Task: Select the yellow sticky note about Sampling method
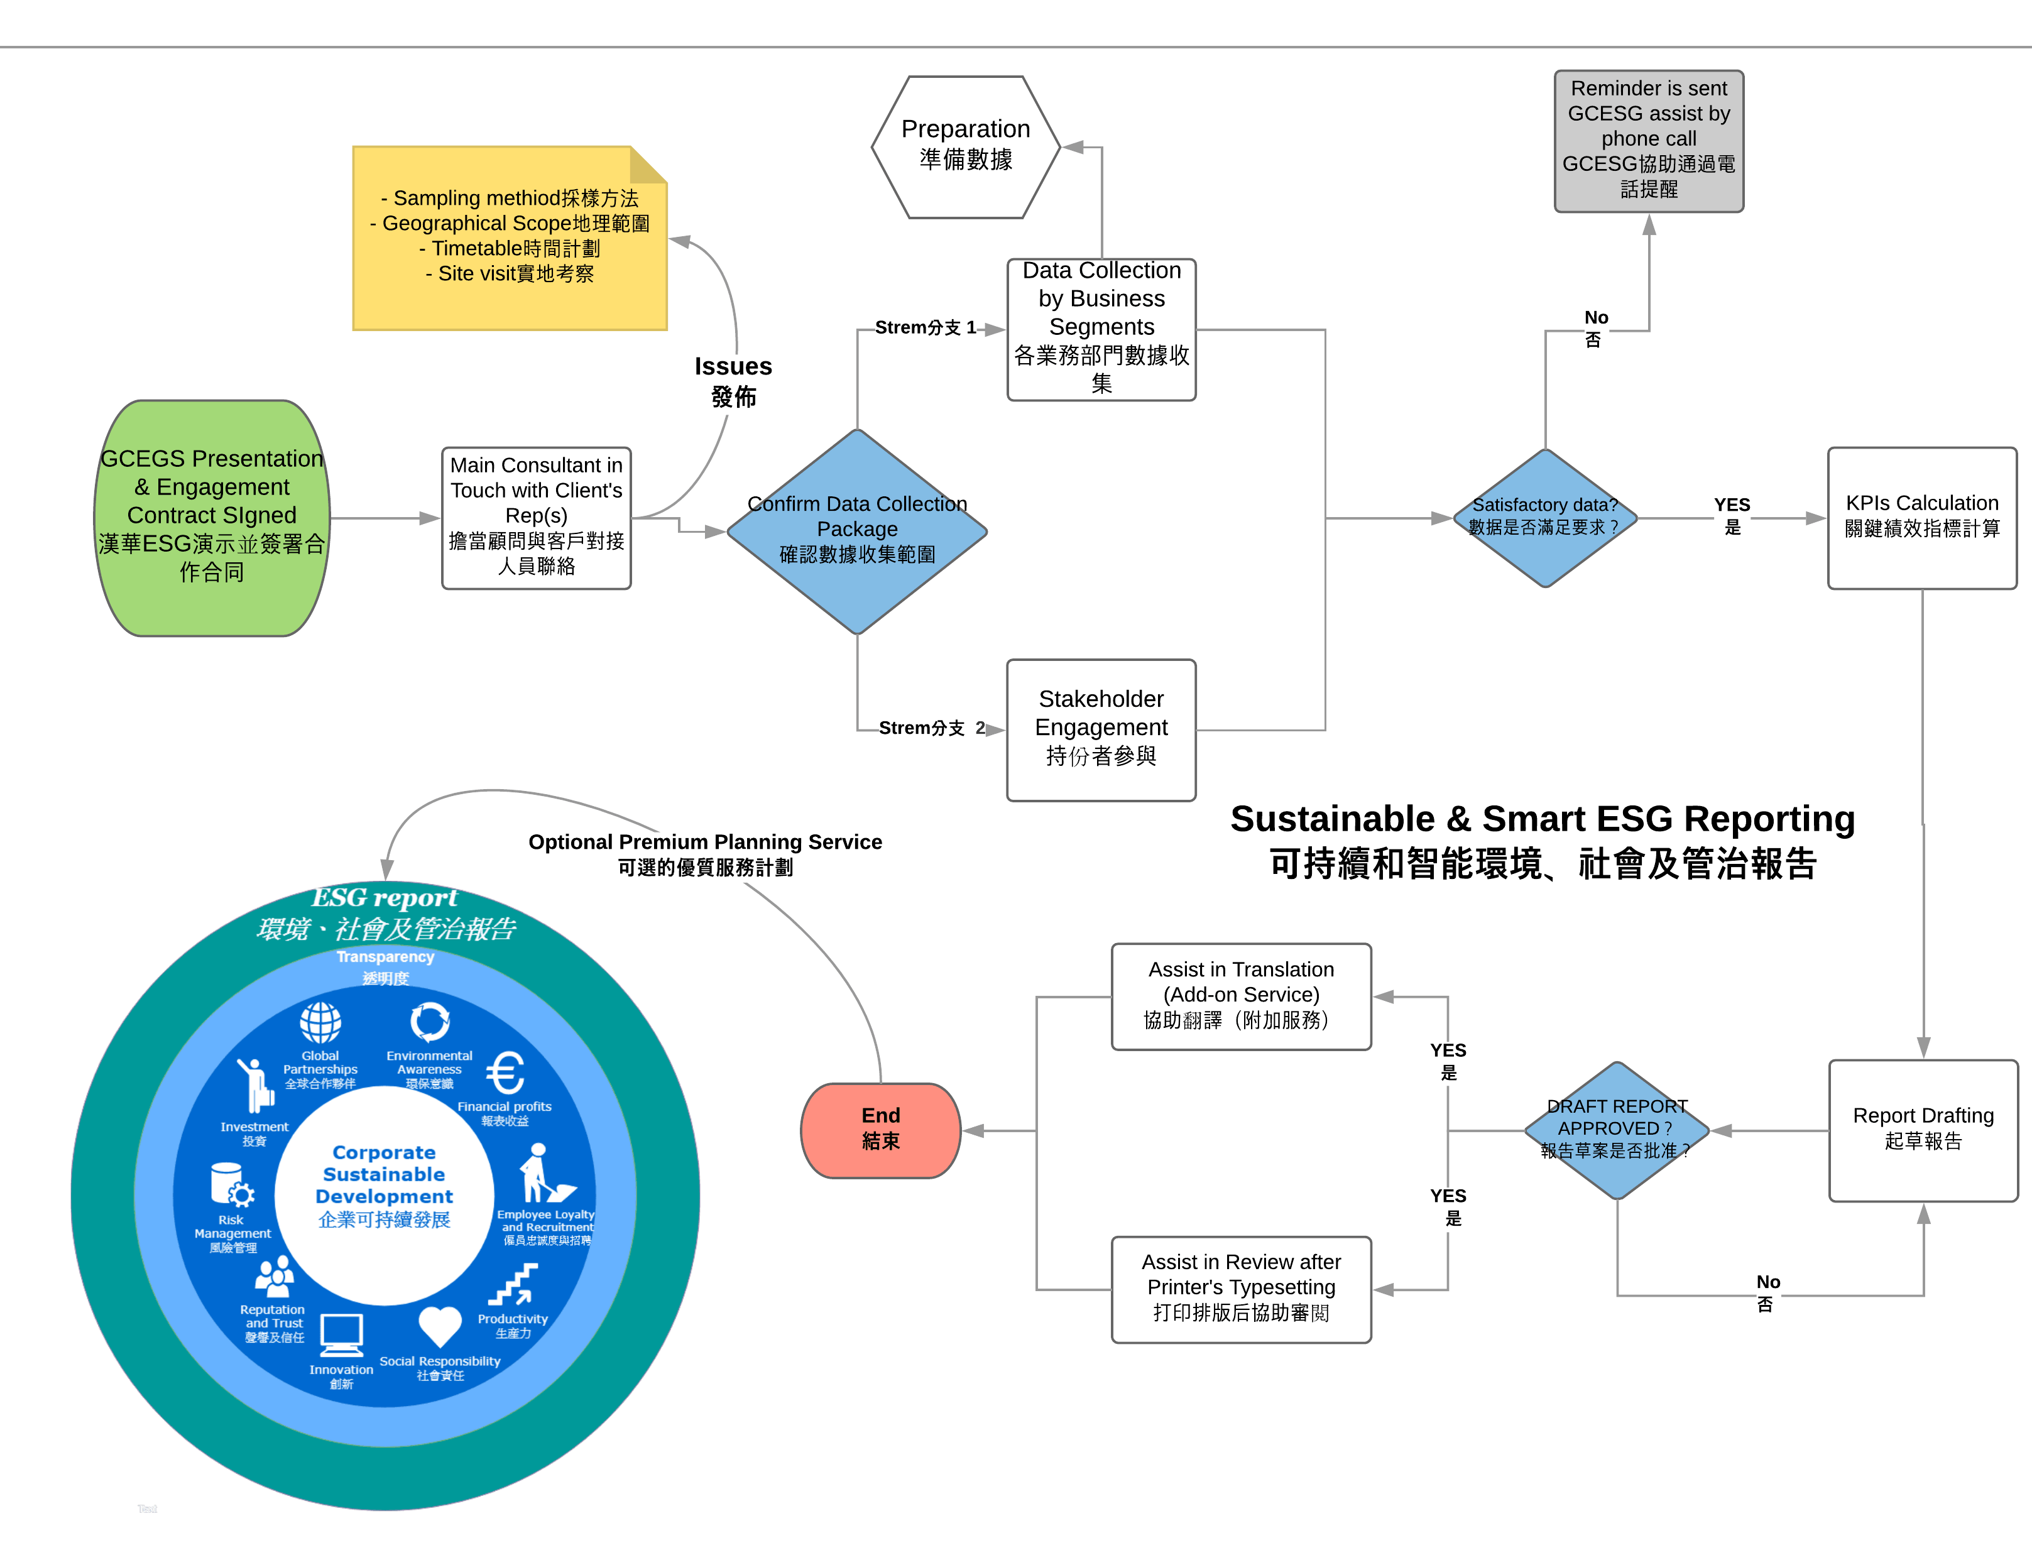pyautogui.click(x=509, y=238)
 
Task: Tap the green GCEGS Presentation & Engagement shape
pyautogui.click(x=212, y=518)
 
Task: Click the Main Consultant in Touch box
pyautogui.click(x=536, y=518)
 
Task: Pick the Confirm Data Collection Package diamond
pyautogui.click(x=856, y=532)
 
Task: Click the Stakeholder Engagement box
pyautogui.click(x=1101, y=729)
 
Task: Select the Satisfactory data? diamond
pyautogui.click(x=1544, y=518)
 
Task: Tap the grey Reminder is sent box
pyautogui.click(x=1648, y=141)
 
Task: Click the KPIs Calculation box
pyautogui.click(x=1922, y=518)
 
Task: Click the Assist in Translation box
pyautogui.click(x=1240, y=996)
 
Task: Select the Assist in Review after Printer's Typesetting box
pyautogui.click(x=1240, y=1289)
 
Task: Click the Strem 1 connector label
pyautogui.click(x=925, y=328)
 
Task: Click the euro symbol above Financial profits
pyautogui.click(x=505, y=1074)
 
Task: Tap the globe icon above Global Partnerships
pyautogui.click(x=320, y=1023)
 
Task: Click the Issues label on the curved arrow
pyautogui.click(x=733, y=380)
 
